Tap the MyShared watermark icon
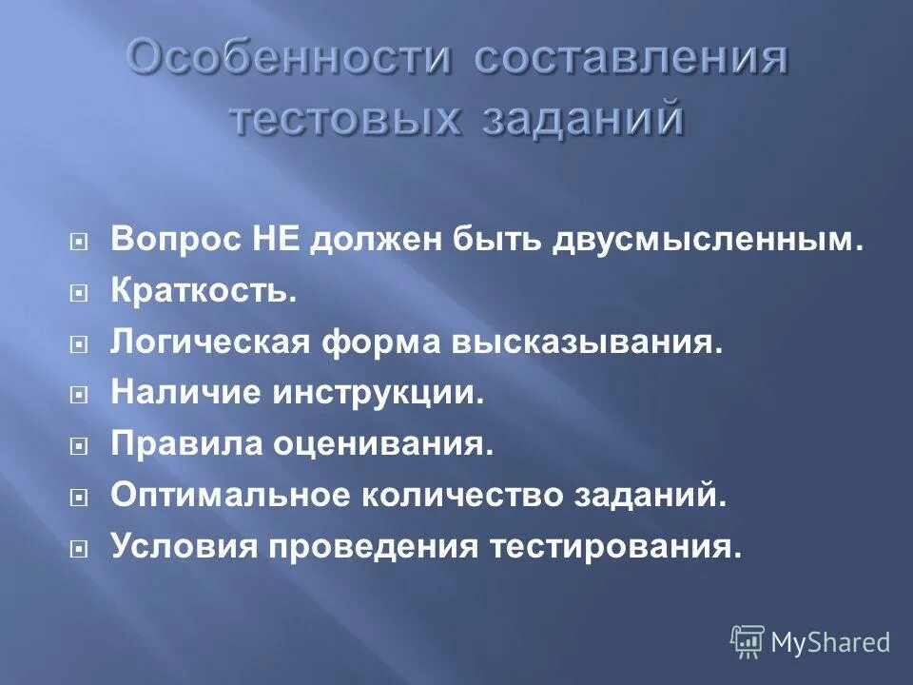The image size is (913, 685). pyautogui.click(x=747, y=641)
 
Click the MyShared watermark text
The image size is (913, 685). pyautogui.click(x=830, y=642)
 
